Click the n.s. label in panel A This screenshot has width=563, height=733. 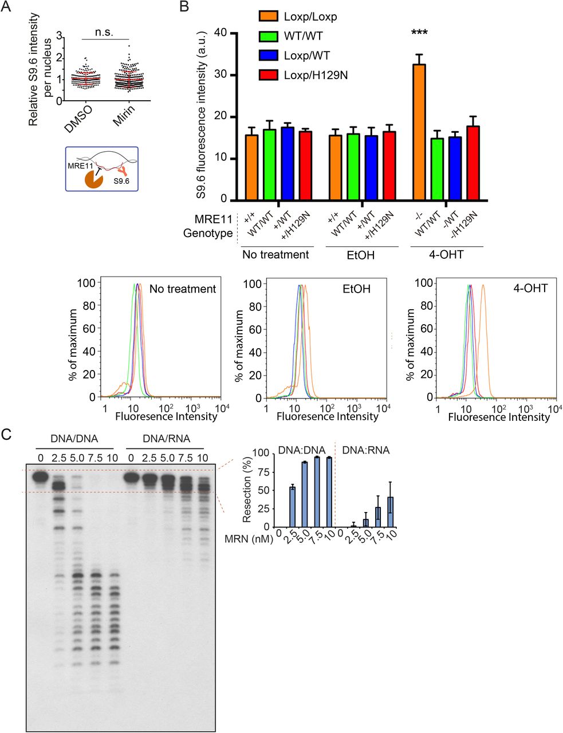point(104,32)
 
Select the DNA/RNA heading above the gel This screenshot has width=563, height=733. point(166,439)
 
